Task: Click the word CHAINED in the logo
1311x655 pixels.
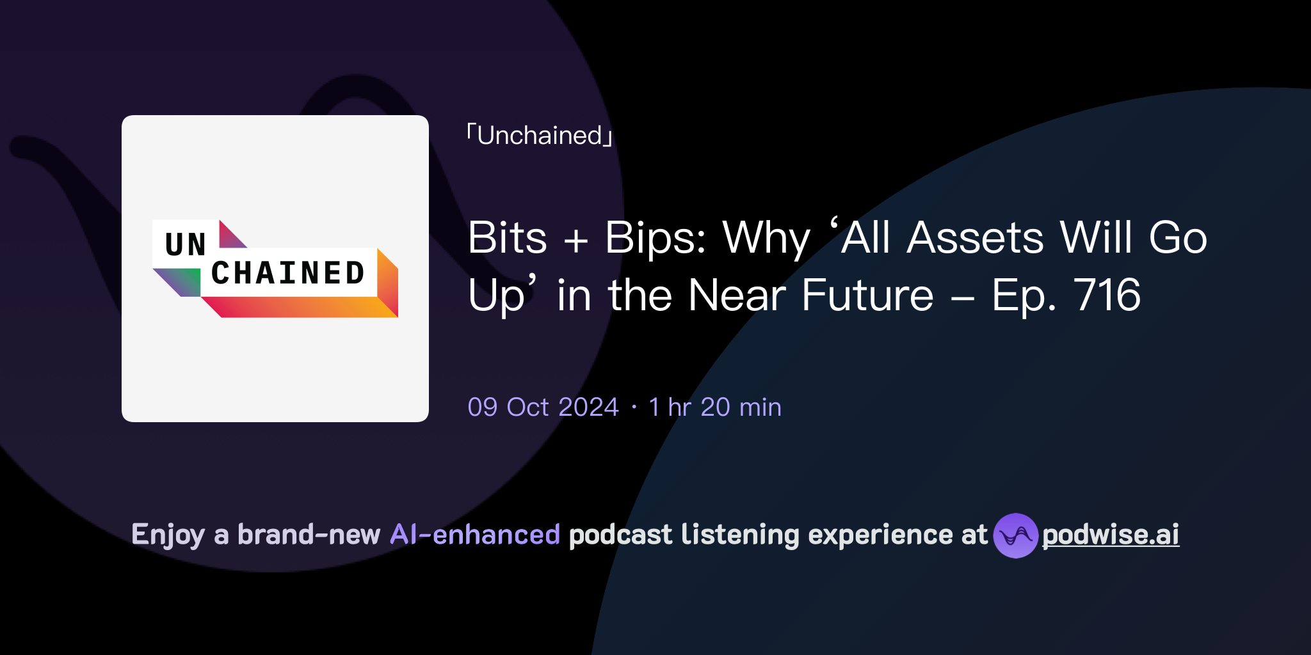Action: click(288, 273)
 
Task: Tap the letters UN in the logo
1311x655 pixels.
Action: click(185, 244)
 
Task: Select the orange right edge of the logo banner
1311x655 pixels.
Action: click(388, 281)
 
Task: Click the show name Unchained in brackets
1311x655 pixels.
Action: click(540, 136)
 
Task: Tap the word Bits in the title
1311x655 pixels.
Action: click(507, 238)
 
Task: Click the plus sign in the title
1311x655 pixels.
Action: click(575, 241)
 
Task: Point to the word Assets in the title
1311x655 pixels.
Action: click(976, 238)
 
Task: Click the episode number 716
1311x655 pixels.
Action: click(1107, 296)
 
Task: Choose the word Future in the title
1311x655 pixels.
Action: click(867, 296)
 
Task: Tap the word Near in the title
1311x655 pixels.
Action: click(737, 296)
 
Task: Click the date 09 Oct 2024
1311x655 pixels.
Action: click(543, 407)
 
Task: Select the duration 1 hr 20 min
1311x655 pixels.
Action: click(715, 407)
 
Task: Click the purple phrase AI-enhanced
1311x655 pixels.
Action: click(475, 535)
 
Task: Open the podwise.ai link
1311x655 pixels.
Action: click(1111, 535)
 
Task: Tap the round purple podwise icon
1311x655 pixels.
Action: click(1015, 535)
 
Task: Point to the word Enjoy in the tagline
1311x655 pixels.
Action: click(168, 535)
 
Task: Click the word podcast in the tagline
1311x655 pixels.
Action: click(620, 535)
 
